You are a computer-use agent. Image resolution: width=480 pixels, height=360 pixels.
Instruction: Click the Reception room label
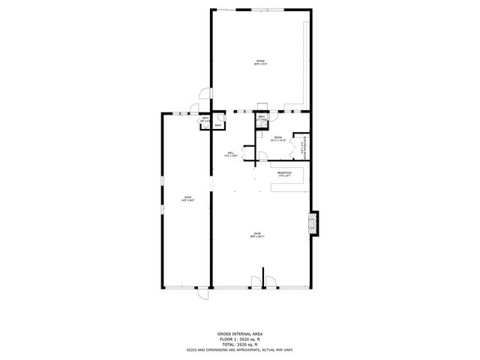pos(284,175)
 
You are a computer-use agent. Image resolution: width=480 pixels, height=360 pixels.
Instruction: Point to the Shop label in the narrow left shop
pos(188,199)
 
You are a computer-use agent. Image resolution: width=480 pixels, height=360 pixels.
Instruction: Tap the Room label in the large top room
pos(260,62)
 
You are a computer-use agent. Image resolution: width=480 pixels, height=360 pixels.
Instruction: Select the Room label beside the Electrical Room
pos(277,139)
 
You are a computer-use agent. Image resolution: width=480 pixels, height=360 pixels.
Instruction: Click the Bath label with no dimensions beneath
pos(218,125)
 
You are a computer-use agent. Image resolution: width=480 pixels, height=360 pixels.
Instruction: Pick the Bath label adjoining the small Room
pos(262,118)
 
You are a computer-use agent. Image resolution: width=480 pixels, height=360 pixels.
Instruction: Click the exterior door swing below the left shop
pos(202,295)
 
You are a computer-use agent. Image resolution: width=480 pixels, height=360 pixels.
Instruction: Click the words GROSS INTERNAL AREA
pos(239,333)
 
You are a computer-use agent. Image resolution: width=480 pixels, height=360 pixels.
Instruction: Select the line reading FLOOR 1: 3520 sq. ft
pos(239,338)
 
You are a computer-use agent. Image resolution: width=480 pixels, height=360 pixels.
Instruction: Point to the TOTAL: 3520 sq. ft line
pos(239,343)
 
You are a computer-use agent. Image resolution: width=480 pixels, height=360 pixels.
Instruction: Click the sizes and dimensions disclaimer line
pos(239,349)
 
